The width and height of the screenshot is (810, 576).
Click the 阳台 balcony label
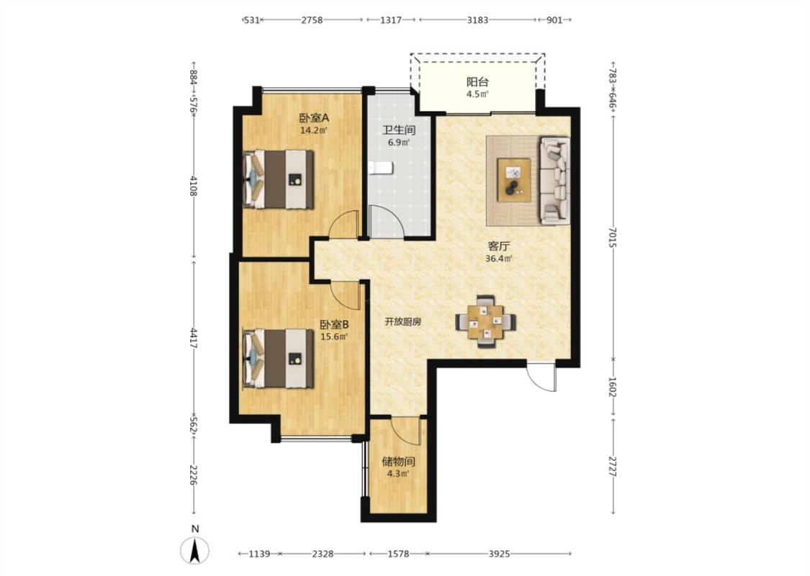point(477,81)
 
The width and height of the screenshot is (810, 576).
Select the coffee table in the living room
point(513,179)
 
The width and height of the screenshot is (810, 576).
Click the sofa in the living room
point(554,180)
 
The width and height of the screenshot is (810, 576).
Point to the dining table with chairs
point(485,321)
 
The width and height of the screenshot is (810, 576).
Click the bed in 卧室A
point(279,179)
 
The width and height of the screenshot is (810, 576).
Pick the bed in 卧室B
point(279,359)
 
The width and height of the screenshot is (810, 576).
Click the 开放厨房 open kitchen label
point(403,322)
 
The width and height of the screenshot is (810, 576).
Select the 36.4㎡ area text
point(498,258)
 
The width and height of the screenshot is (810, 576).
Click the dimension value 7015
point(612,237)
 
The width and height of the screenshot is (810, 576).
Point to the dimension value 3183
point(477,19)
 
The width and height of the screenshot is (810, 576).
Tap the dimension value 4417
point(194,338)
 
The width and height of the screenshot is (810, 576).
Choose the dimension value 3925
point(499,554)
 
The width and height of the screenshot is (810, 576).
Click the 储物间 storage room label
point(398,462)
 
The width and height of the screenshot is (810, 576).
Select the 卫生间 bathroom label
point(398,130)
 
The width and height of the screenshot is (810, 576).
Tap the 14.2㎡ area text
point(314,131)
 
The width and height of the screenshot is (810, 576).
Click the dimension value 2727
point(612,466)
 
